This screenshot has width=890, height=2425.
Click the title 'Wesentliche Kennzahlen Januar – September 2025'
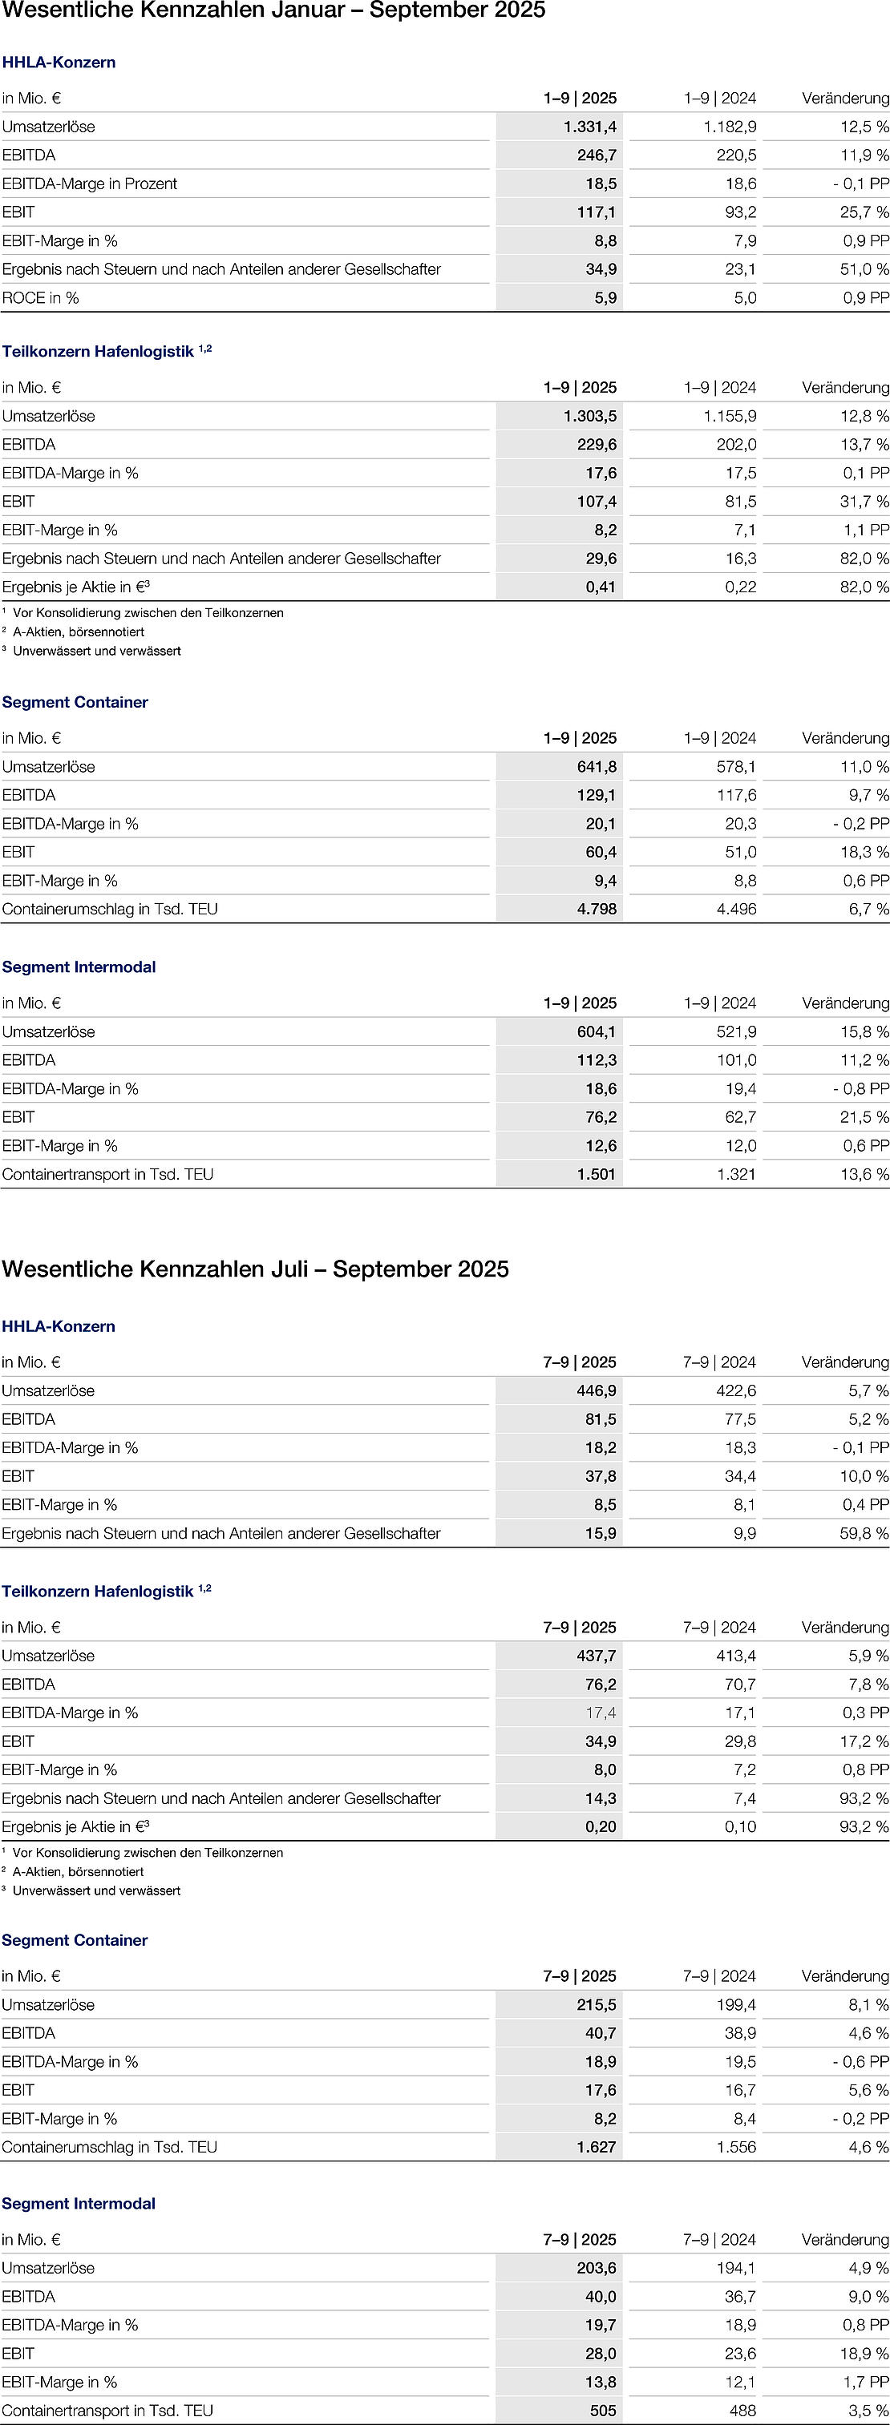coord(273,11)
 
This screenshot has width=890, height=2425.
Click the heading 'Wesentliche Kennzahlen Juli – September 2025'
coord(255,1269)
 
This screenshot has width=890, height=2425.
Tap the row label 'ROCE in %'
coord(41,298)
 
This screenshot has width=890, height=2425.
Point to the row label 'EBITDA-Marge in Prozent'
coord(90,184)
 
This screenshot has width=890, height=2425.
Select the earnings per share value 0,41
coord(600,587)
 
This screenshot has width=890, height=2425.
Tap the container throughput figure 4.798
coord(597,910)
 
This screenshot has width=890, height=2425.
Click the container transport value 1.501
coord(597,1174)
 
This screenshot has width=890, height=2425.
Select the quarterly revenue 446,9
coord(597,1391)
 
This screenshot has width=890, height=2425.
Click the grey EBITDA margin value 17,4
coord(601,1713)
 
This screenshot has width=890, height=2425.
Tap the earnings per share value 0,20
coord(600,1826)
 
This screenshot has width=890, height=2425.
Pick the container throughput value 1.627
coord(597,2147)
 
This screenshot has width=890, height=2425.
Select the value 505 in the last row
coord(603,2411)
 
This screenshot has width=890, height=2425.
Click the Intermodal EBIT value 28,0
coord(600,2354)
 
